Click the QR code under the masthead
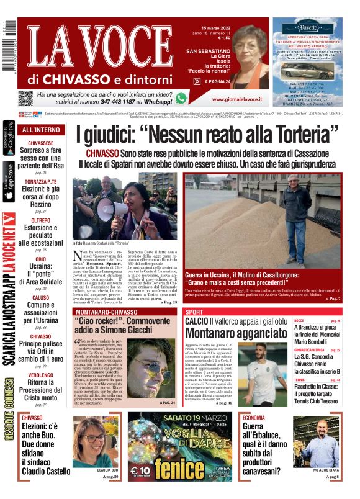(x=25, y=98)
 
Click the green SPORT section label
(x=194, y=312)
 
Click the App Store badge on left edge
(x=9, y=182)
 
